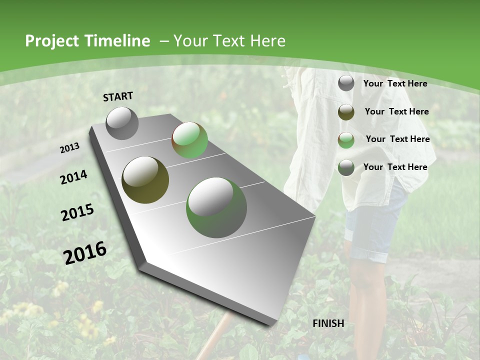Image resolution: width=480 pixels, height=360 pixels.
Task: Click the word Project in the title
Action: pos(49,41)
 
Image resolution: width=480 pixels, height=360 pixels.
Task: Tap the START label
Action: pos(118,96)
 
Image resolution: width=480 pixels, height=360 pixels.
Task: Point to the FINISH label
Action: pos(328,323)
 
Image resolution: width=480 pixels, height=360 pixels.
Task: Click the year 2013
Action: pos(69,148)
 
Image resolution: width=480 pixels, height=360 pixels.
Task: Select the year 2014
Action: pos(73,177)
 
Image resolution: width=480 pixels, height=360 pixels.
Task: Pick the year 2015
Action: pos(77,212)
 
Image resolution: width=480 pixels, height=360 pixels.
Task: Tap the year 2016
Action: pos(85,252)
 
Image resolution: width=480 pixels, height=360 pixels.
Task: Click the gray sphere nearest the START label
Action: pos(122,123)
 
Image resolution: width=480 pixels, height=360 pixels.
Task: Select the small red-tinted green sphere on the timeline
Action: pos(189,140)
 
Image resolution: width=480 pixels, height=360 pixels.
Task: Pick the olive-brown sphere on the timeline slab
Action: pos(145,180)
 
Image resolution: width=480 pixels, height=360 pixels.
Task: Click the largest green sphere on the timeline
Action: pos(216,207)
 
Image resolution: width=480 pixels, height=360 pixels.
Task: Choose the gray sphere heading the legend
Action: pos(346,83)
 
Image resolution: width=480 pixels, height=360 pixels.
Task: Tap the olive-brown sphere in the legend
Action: pos(346,112)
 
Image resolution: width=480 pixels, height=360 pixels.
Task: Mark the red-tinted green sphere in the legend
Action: pos(346,140)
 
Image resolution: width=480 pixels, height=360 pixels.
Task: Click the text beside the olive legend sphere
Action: pos(396,111)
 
